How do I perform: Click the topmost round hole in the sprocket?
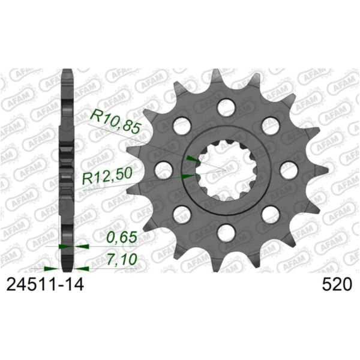pyautogui.click(x=226, y=108)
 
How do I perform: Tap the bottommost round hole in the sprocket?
pyautogui.click(x=226, y=232)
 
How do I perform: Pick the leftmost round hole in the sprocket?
pyautogui.click(x=163, y=170)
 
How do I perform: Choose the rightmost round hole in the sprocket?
pyautogui.click(x=289, y=170)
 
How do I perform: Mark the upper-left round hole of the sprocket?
pyautogui.click(x=181, y=126)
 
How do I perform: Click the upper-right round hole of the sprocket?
pyautogui.click(x=270, y=126)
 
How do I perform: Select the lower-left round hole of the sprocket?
pyautogui.click(x=181, y=214)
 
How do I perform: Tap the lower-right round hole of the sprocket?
pyautogui.click(x=270, y=214)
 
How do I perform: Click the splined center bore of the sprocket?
pyautogui.click(x=226, y=170)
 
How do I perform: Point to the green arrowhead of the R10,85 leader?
pyautogui.click(x=191, y=158)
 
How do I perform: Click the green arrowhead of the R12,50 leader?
pyautogui.click(x=187, y=176)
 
